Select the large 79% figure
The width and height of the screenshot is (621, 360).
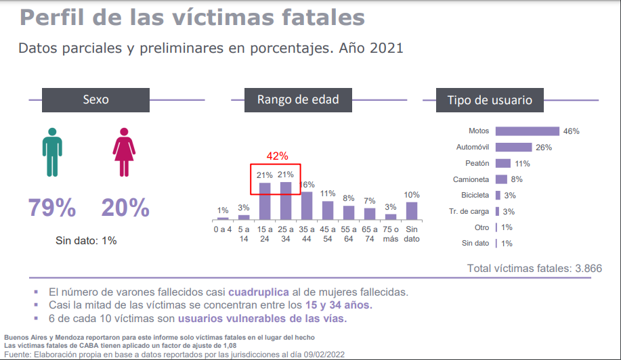pyautogui.click(x=51, y=208)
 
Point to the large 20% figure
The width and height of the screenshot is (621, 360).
pyautogui.click(x=125, y=208)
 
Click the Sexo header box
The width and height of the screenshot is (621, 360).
pyautogui.click(x=95, y=99)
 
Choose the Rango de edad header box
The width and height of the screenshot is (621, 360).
pyautogui.click(x=298, y=99)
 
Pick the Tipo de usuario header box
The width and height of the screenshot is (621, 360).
pyautogui.click(x=489, y=100)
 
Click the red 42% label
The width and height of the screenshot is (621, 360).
pyautogui.click(x=277, y=156)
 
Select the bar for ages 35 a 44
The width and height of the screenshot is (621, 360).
pyautogui.click(x=307, y=206)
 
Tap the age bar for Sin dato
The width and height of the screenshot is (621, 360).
pyautogui.click(x=411, y=210)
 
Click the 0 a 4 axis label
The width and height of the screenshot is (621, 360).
pyautogui.click(x=223, y=229)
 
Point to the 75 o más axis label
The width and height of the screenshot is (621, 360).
pyautogui.click(x=390, y=233)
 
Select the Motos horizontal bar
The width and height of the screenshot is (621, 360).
pyautogui.click(x=527, y=131)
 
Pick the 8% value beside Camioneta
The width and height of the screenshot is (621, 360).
pyautogui.click(x=517, y=179)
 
